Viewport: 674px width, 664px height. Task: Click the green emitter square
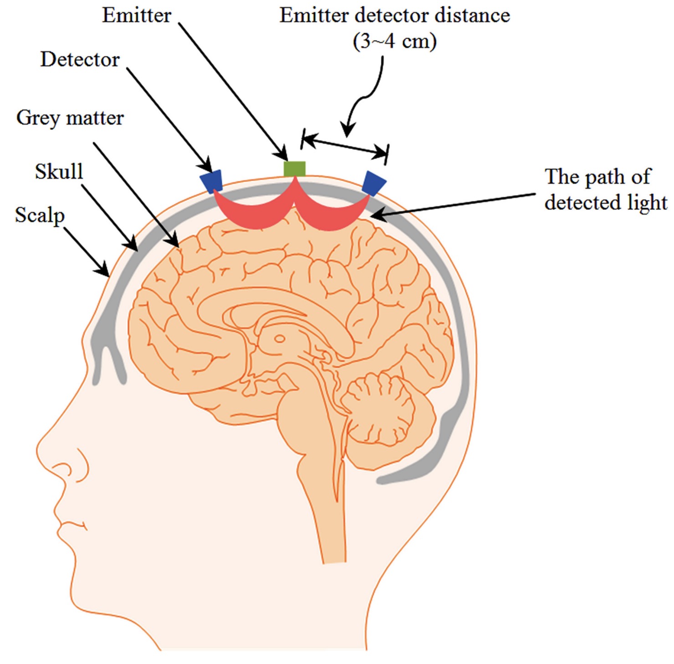pos(294,169)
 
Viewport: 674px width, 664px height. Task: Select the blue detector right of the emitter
pos(374,183)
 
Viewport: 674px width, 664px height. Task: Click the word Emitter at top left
pos(137,15)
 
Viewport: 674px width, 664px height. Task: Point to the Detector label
pos(80,60)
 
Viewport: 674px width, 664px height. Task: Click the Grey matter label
pos(70,118)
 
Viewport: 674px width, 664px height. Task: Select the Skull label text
pos(59,172)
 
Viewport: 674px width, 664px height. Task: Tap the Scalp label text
pos(40,215)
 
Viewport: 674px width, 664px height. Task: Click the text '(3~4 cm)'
pos(394,41)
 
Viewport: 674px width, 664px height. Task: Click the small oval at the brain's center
pos(279,339)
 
